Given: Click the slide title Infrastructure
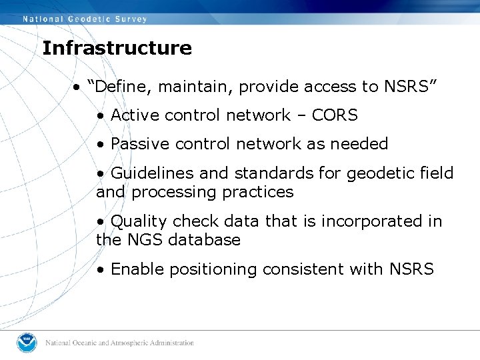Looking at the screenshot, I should point(117,48).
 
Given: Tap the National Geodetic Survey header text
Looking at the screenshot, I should point(85,19).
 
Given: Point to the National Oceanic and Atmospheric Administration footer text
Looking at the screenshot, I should point(119,343).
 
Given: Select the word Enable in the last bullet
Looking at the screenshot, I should point(137,269).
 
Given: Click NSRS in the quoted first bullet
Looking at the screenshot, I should point(408,87).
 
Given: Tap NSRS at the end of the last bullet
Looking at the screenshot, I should point(410,269).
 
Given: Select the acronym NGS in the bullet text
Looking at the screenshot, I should point(146,240).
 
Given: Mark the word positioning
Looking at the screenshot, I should point(214,269).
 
